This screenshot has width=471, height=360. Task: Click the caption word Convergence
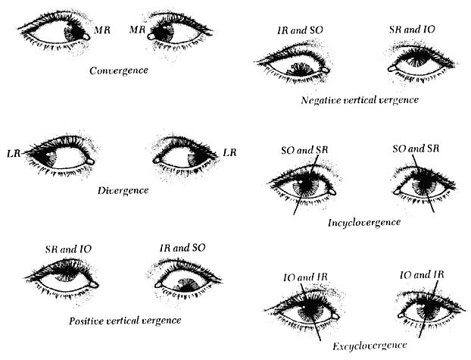pos(117,70)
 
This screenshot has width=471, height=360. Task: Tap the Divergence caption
pos(123,189)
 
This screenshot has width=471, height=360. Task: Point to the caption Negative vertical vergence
pos(360,99)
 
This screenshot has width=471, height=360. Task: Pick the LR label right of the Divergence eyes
pos(232,153)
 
